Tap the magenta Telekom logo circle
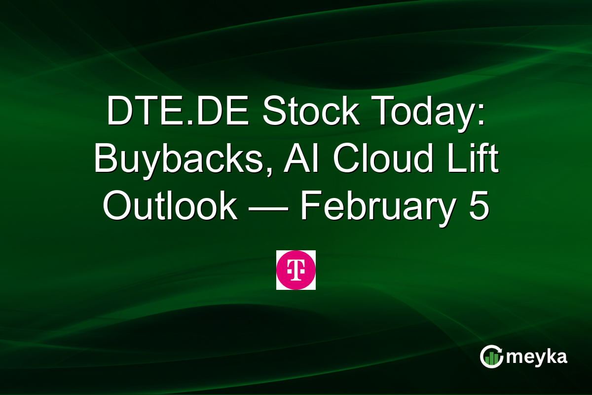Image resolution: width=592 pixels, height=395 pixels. (296, 270)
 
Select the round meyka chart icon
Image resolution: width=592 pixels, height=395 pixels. (492, 356)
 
